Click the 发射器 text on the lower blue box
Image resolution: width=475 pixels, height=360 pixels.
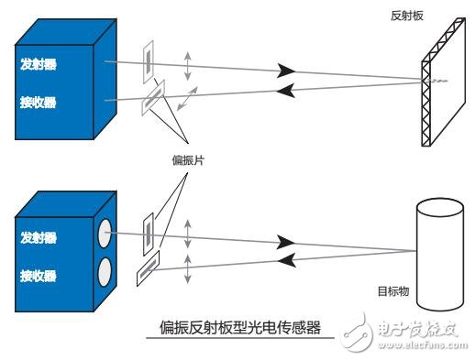click(39, 238)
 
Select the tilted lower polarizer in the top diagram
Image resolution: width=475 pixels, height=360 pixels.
click(152, 99)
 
